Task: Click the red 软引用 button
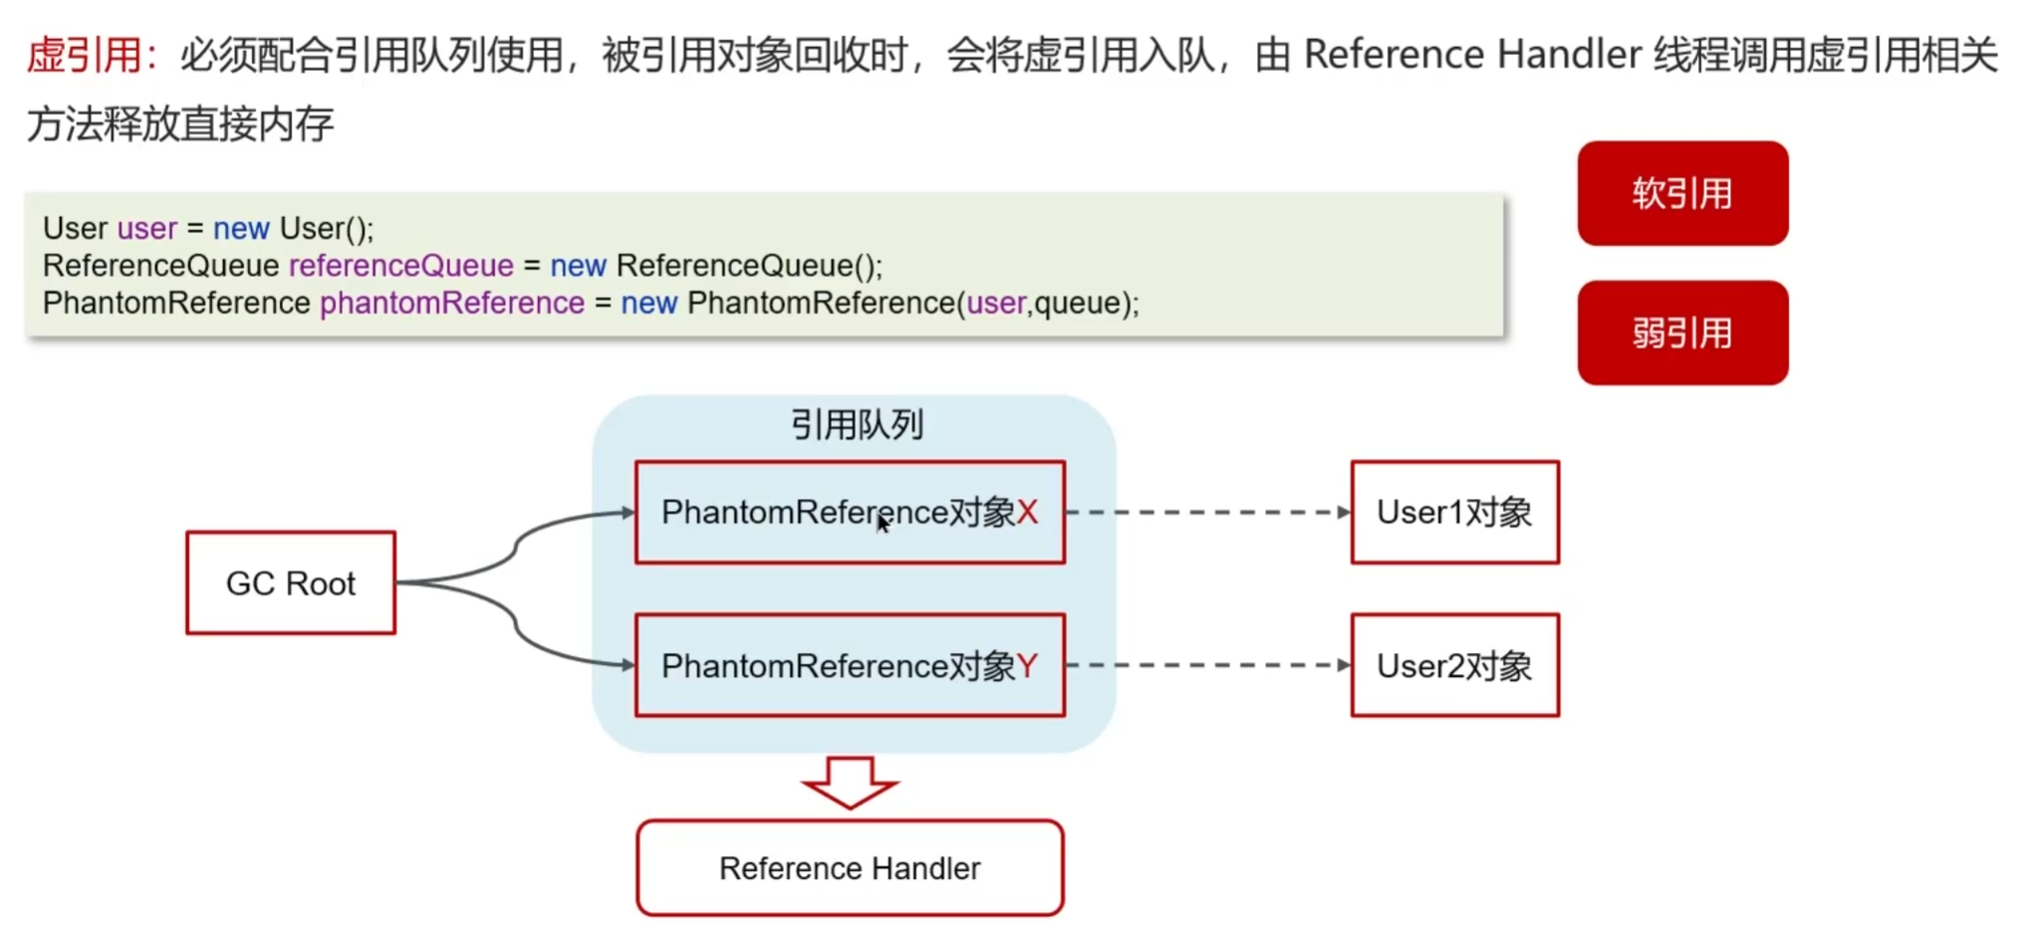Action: (1681, 193)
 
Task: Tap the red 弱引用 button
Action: (1681, 333)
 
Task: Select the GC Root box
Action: (291, 582)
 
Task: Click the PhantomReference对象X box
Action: (850, 512)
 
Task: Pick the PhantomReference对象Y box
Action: (850, 665)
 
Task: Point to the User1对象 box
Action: (1454, 512)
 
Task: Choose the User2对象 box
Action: (1454, 665)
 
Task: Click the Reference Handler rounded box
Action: (850, 868)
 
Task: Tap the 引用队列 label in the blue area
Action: (857, 425)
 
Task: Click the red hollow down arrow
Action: (850, 782)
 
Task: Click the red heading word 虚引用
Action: (84, 55)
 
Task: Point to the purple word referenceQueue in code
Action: (400, 266)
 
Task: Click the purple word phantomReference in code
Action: (451, 303)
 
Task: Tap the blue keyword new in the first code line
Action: (241, 229)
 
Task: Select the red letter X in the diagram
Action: (1027, 512)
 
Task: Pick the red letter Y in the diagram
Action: (1027, 665)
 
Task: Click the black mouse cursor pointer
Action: (883, 524)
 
